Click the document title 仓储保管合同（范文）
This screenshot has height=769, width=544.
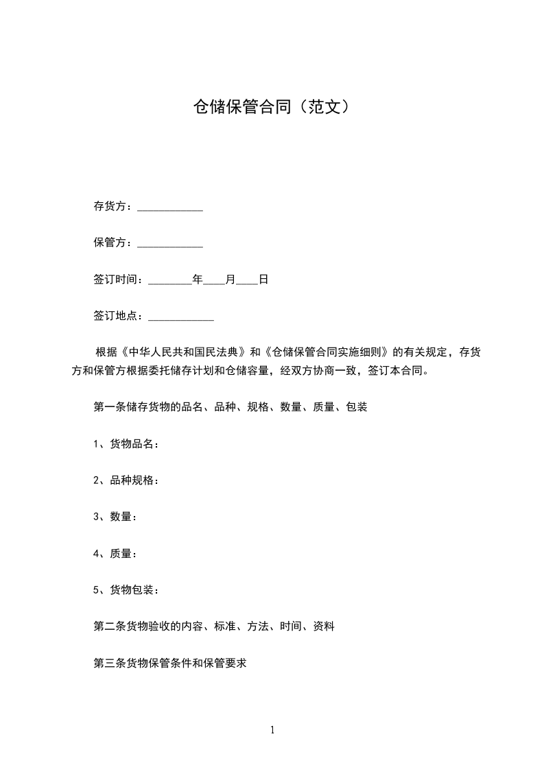tap(272, 107)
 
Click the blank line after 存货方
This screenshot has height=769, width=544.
tap(170, 208)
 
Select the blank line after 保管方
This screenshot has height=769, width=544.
tap(170, 244)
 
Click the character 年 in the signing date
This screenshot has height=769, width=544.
tap(198, 280)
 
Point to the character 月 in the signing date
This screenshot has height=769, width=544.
tap(230, 280)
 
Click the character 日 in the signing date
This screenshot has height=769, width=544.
tap(263, 280)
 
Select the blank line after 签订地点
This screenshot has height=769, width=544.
tap(181, 317)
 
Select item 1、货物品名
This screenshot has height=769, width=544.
tap(126, 444)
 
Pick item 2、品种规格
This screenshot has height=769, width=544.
tap(126, 480)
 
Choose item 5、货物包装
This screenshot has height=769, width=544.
tap(126, 589)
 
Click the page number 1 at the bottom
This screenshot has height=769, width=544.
tap(272, 730)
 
